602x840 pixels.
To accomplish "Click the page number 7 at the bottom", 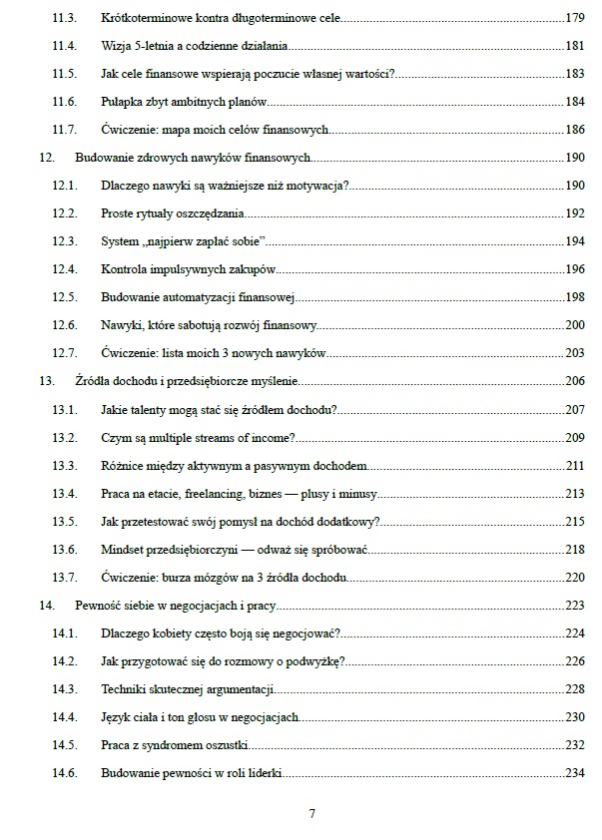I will (312, 813).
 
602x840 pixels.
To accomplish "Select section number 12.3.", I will (64, 241).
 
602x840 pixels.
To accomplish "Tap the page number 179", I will (574, 18).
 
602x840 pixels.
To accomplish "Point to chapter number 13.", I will (46, 381).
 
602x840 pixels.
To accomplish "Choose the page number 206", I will (574, 381).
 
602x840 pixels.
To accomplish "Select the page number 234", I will (574, 772).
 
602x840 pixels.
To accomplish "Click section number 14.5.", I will (64, 744).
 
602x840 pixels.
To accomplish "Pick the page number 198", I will (574, 297).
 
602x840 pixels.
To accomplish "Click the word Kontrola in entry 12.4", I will (125, 269).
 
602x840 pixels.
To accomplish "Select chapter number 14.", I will (46, 605).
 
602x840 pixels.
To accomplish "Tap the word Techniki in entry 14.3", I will (125, 688).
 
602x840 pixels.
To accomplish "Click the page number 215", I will (574, 521).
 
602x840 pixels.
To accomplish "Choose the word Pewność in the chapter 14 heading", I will (98, 605).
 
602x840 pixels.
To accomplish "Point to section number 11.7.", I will (64, 130).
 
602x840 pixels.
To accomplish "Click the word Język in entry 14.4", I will (116, 716).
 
